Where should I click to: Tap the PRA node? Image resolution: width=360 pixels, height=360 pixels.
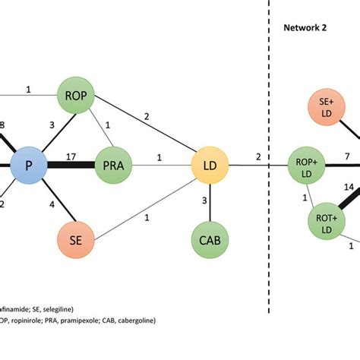click(112, 163)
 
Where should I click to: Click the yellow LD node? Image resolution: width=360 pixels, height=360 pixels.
click(210, 163)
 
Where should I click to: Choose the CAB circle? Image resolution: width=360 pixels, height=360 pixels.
click(210, 239)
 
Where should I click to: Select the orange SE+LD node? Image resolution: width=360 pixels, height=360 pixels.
click(327, 109)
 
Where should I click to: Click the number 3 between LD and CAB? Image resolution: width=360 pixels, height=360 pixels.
click(204, 201)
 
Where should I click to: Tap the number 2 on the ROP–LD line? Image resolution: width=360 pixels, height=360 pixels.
click(147, 116)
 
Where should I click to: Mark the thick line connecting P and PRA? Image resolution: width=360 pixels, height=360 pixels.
click(72, 164)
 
